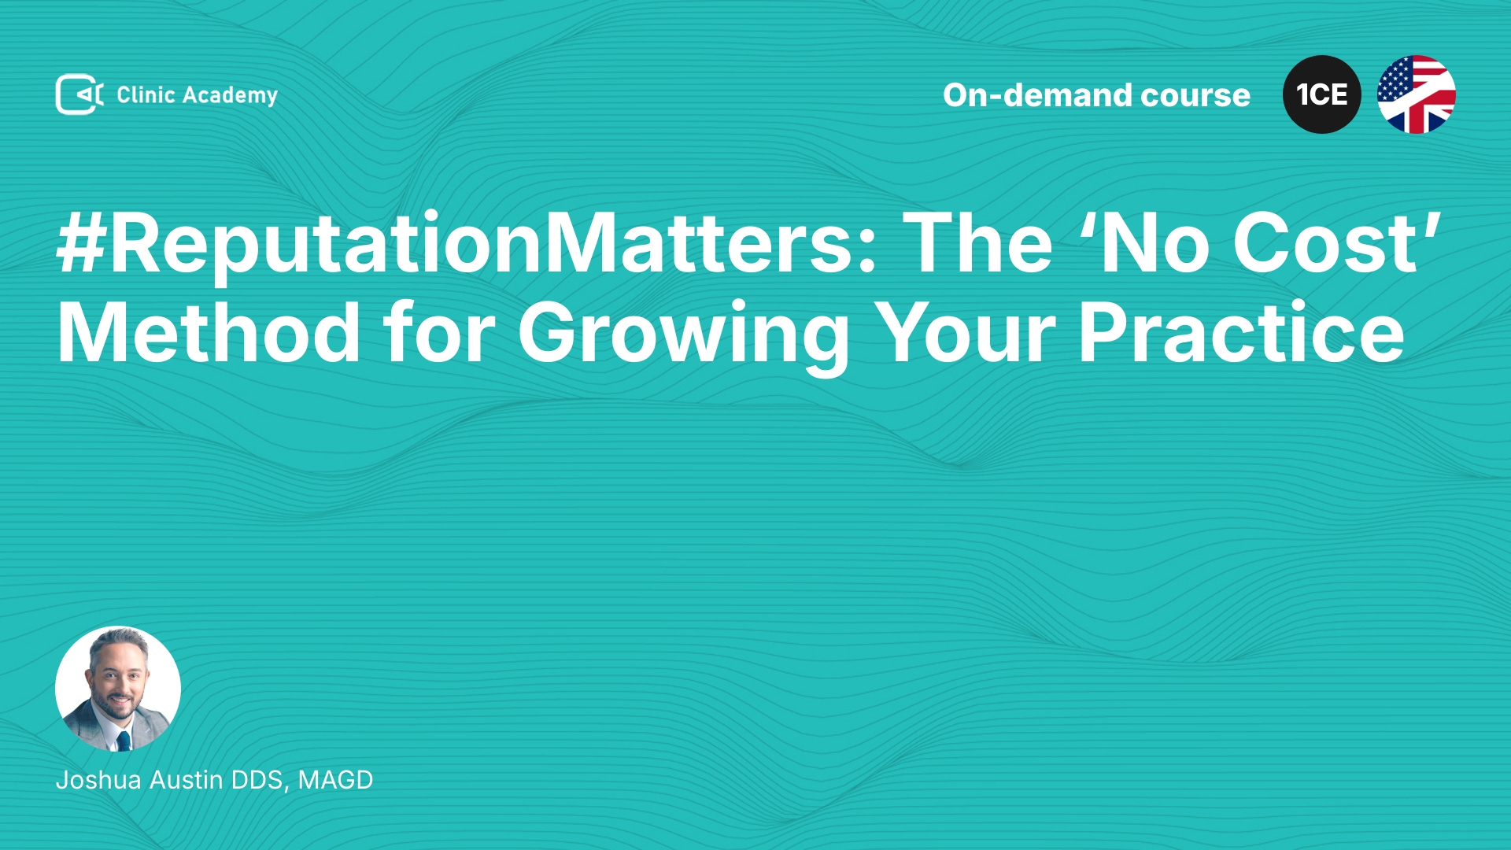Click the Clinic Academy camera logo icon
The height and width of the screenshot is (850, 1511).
click(79, 94)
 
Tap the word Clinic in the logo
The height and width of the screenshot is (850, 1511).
click(146, 94)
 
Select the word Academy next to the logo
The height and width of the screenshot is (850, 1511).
click(231, 96)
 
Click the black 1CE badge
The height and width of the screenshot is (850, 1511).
click(1322, 94)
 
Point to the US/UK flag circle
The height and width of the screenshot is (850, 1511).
click(1417, 94)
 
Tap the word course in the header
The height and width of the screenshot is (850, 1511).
click(1195, 96)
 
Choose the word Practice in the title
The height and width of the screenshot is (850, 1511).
click(1241, 334)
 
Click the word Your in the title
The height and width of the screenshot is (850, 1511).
click(965, 334)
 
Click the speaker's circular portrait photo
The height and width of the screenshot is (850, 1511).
click(118, 689)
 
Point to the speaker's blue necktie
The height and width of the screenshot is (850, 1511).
click(124, 741)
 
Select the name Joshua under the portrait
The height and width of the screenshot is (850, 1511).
click(98, 780)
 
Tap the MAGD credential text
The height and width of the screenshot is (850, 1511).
click(335, 780)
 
